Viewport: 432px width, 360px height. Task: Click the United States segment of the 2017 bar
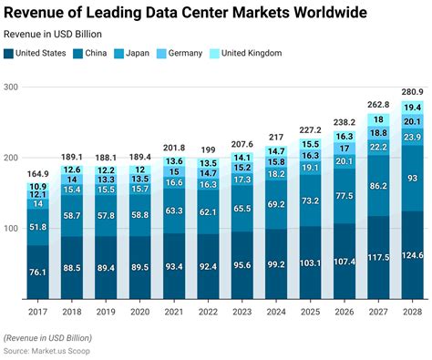click(37, 272)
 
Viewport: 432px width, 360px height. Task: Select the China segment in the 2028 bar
click(412, 178)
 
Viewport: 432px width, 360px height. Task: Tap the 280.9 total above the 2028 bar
click(412, 92)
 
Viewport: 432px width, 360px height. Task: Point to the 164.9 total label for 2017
click(37, 174)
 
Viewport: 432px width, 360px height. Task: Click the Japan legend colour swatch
click(118, 54)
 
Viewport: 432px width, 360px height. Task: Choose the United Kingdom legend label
click(252, 53)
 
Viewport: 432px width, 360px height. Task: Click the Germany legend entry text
click(185, 54)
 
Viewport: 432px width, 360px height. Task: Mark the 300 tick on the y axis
click(11, 87)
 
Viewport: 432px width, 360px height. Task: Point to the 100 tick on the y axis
click(11, 229)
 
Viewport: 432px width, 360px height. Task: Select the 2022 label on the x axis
click(208, 312)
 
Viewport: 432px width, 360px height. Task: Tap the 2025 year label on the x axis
click(310, 312)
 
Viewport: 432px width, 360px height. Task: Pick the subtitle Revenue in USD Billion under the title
click(53, 34)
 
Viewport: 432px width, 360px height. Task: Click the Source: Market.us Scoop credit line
click(46, 351)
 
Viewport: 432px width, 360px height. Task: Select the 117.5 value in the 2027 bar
click(378, 257)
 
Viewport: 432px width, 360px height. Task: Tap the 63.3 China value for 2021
click(174, 211)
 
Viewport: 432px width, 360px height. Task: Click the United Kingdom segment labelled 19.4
click(412, 108)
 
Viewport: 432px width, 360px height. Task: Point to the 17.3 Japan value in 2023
click(242, 180)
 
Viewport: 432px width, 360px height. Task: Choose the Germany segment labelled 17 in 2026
click(345, 149)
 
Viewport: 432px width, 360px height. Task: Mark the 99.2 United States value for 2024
click(276, 264)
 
